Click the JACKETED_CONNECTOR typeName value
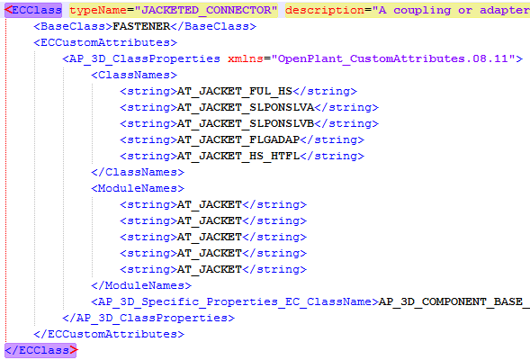206,10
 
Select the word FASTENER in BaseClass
141,26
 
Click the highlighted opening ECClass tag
33,10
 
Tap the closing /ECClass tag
40,350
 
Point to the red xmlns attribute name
246,58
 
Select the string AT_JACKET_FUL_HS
235,91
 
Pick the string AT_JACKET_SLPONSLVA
246,107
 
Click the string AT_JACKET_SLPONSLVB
246,123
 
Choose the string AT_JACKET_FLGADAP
238,139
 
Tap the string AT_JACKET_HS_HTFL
238,157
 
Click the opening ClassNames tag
134,75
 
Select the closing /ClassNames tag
138,173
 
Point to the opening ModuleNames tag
138,188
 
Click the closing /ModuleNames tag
141,285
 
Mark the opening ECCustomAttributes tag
105,42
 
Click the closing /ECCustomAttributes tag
109,334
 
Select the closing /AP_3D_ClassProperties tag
148,318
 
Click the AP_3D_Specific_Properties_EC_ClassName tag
235,301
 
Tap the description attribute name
325,10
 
